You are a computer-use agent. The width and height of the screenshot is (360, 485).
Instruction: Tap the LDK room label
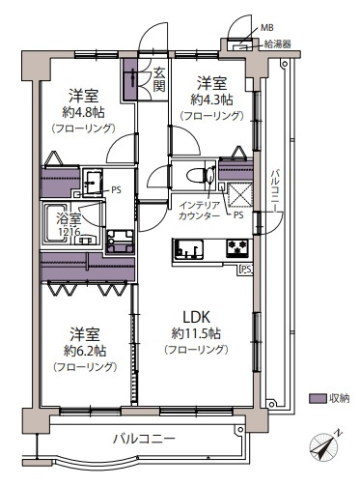(x=197, y=314)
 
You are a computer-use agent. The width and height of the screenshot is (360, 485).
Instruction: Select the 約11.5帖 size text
(x=197, y=332)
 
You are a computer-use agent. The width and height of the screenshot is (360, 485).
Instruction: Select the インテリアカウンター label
(x=200, y=210)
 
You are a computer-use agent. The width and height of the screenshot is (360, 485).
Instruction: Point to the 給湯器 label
(x=276, y=43)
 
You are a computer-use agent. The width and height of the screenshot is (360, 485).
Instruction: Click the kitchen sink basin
(x=186, y=252)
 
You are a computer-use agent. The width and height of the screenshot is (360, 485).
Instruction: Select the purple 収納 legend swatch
(x=317, y=398)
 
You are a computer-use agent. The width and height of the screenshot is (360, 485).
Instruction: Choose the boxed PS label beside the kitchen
(x=245, y=270)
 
